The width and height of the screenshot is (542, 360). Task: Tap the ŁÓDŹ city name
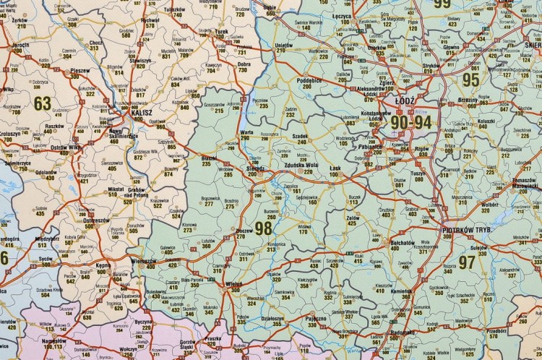coord(406,103)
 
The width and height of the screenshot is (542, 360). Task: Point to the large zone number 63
coord(43,103)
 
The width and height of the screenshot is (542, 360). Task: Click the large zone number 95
coord(471,80)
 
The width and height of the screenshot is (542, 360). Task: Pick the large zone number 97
coord(467,262)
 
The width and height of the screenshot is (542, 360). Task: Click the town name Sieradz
coord(255,168)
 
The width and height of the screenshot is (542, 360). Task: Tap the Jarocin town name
coord(21,45)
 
